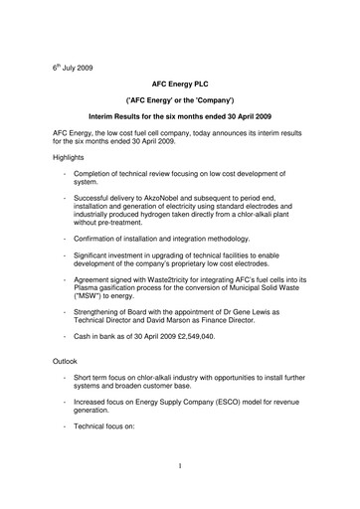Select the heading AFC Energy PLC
[179, 86]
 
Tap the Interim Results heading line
[179, 118]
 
